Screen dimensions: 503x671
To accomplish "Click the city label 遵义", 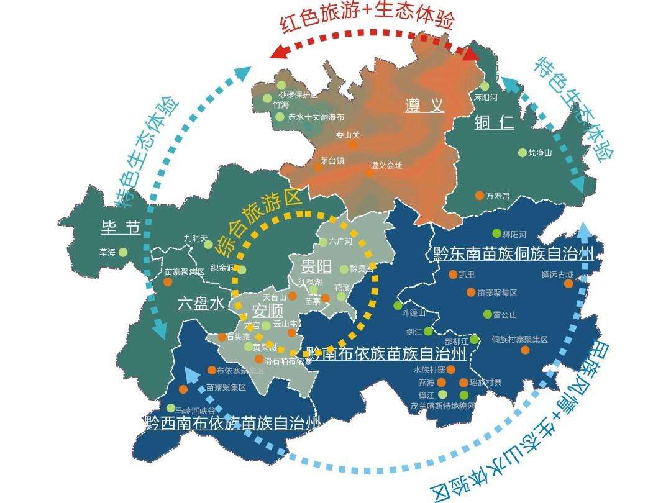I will (425, 106).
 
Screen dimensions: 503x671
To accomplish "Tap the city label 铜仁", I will (494, 122).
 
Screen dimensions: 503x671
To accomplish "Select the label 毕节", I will (121, 227).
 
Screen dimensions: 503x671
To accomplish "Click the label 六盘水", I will (201, 304).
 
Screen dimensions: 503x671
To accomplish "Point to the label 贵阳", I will (317, 268).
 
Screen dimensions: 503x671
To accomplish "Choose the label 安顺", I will (268, 310).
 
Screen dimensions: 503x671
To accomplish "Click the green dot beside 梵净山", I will (522, 152).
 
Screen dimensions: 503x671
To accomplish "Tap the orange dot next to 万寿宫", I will (479, 195).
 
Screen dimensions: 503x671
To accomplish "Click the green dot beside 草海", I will (123, 252).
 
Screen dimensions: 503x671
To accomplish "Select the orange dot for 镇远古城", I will (568, 284).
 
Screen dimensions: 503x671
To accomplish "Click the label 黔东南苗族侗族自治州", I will (511, 253).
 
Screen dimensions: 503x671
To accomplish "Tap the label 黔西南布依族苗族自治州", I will (231, 424).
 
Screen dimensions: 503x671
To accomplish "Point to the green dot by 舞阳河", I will (496, 233).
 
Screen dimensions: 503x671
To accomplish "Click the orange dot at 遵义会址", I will (369, 173).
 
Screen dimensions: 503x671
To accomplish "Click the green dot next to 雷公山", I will (487, 314).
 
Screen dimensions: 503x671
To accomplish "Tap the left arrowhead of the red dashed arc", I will (279, 52).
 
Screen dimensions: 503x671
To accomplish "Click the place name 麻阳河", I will (486, 98).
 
